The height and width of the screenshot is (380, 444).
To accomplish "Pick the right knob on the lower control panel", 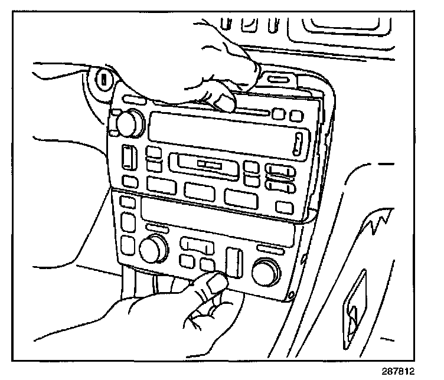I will (266, 271).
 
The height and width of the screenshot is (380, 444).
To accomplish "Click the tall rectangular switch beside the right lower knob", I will (234, 261).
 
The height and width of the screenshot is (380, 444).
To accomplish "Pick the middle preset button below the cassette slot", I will (199, 190).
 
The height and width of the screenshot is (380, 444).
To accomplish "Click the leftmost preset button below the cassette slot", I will (160, 186).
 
